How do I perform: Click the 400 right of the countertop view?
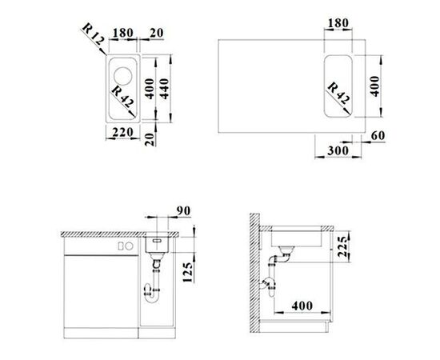[x=373, y=85]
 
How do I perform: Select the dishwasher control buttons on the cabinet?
[x=124, y=246]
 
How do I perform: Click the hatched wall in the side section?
[x=254, y=272]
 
